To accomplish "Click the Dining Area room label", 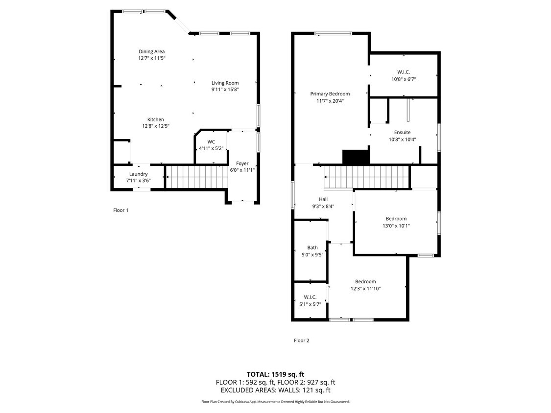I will (151, 51).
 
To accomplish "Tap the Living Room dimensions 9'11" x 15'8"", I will (225, 89).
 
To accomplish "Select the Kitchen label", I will (156, 119).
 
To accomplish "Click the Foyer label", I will (242, 163).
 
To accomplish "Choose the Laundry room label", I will (138, 174).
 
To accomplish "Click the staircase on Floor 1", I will (196, 177).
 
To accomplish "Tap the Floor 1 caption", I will (120, 210).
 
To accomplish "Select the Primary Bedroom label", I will (330, 93).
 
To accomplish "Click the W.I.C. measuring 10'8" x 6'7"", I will (404, 72).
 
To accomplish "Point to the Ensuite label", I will (402, 132).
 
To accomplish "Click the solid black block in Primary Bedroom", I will (356, 157).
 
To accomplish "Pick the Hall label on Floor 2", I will (323, 199).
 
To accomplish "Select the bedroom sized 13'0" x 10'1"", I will (396, 219).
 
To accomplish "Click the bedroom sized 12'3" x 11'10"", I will (365, 281).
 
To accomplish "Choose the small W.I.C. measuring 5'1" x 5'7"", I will (310, 297).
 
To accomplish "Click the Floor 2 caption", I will (301, 340).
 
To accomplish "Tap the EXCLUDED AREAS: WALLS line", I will (275, 390).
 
